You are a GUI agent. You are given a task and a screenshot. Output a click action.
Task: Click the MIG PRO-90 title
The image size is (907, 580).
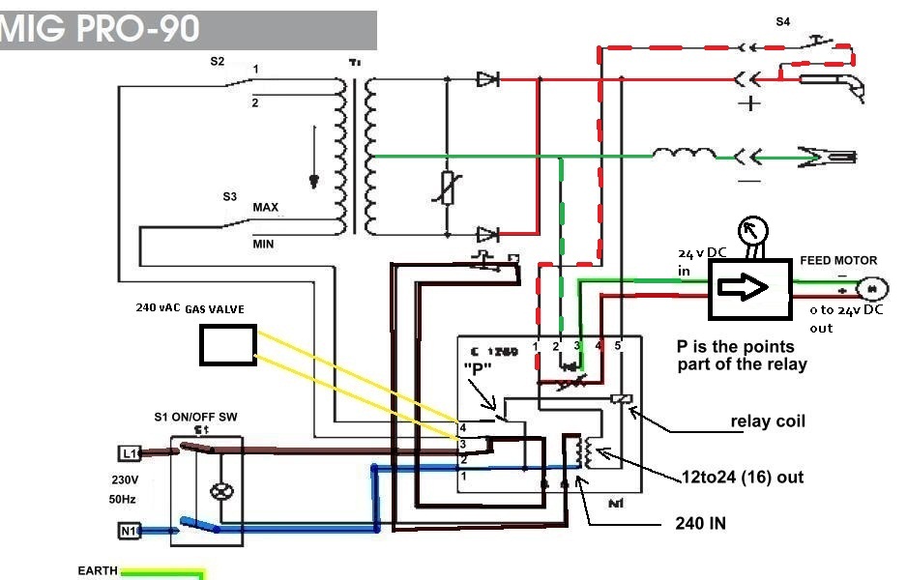[x=102, y=29]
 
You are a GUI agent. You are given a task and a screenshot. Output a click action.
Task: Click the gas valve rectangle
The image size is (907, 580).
[x=228, y=345]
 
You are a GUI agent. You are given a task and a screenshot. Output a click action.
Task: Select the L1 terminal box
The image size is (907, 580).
[x=129, y=452]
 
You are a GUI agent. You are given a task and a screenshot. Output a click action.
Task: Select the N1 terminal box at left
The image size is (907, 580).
[x=129, y=531]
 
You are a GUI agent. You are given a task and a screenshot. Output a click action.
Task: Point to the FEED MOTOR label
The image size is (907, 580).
[x=838, y=261]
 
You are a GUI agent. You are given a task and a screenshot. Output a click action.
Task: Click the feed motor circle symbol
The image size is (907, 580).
[x=872, y=287]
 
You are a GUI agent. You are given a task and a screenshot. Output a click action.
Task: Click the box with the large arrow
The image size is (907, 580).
[x=749, y=288]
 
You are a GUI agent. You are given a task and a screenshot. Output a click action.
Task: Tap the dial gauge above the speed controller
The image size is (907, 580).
[x=751, y=230]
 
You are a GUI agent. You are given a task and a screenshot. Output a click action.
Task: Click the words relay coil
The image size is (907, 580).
[x=768, y=421]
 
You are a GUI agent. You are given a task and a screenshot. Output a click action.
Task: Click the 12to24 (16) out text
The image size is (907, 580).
[x=743, y=477]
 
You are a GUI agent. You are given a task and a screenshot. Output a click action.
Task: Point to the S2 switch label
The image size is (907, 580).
[x=218, y=61]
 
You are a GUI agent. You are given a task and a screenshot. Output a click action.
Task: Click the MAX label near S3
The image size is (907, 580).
[x=266, y=208]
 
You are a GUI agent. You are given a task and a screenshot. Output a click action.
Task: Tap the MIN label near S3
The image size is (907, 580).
[x=263, y=245]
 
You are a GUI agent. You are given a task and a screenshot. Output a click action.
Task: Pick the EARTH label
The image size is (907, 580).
[x=98, y=571]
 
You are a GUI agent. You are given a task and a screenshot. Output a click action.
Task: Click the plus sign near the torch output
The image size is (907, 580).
[x=749, y=102]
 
